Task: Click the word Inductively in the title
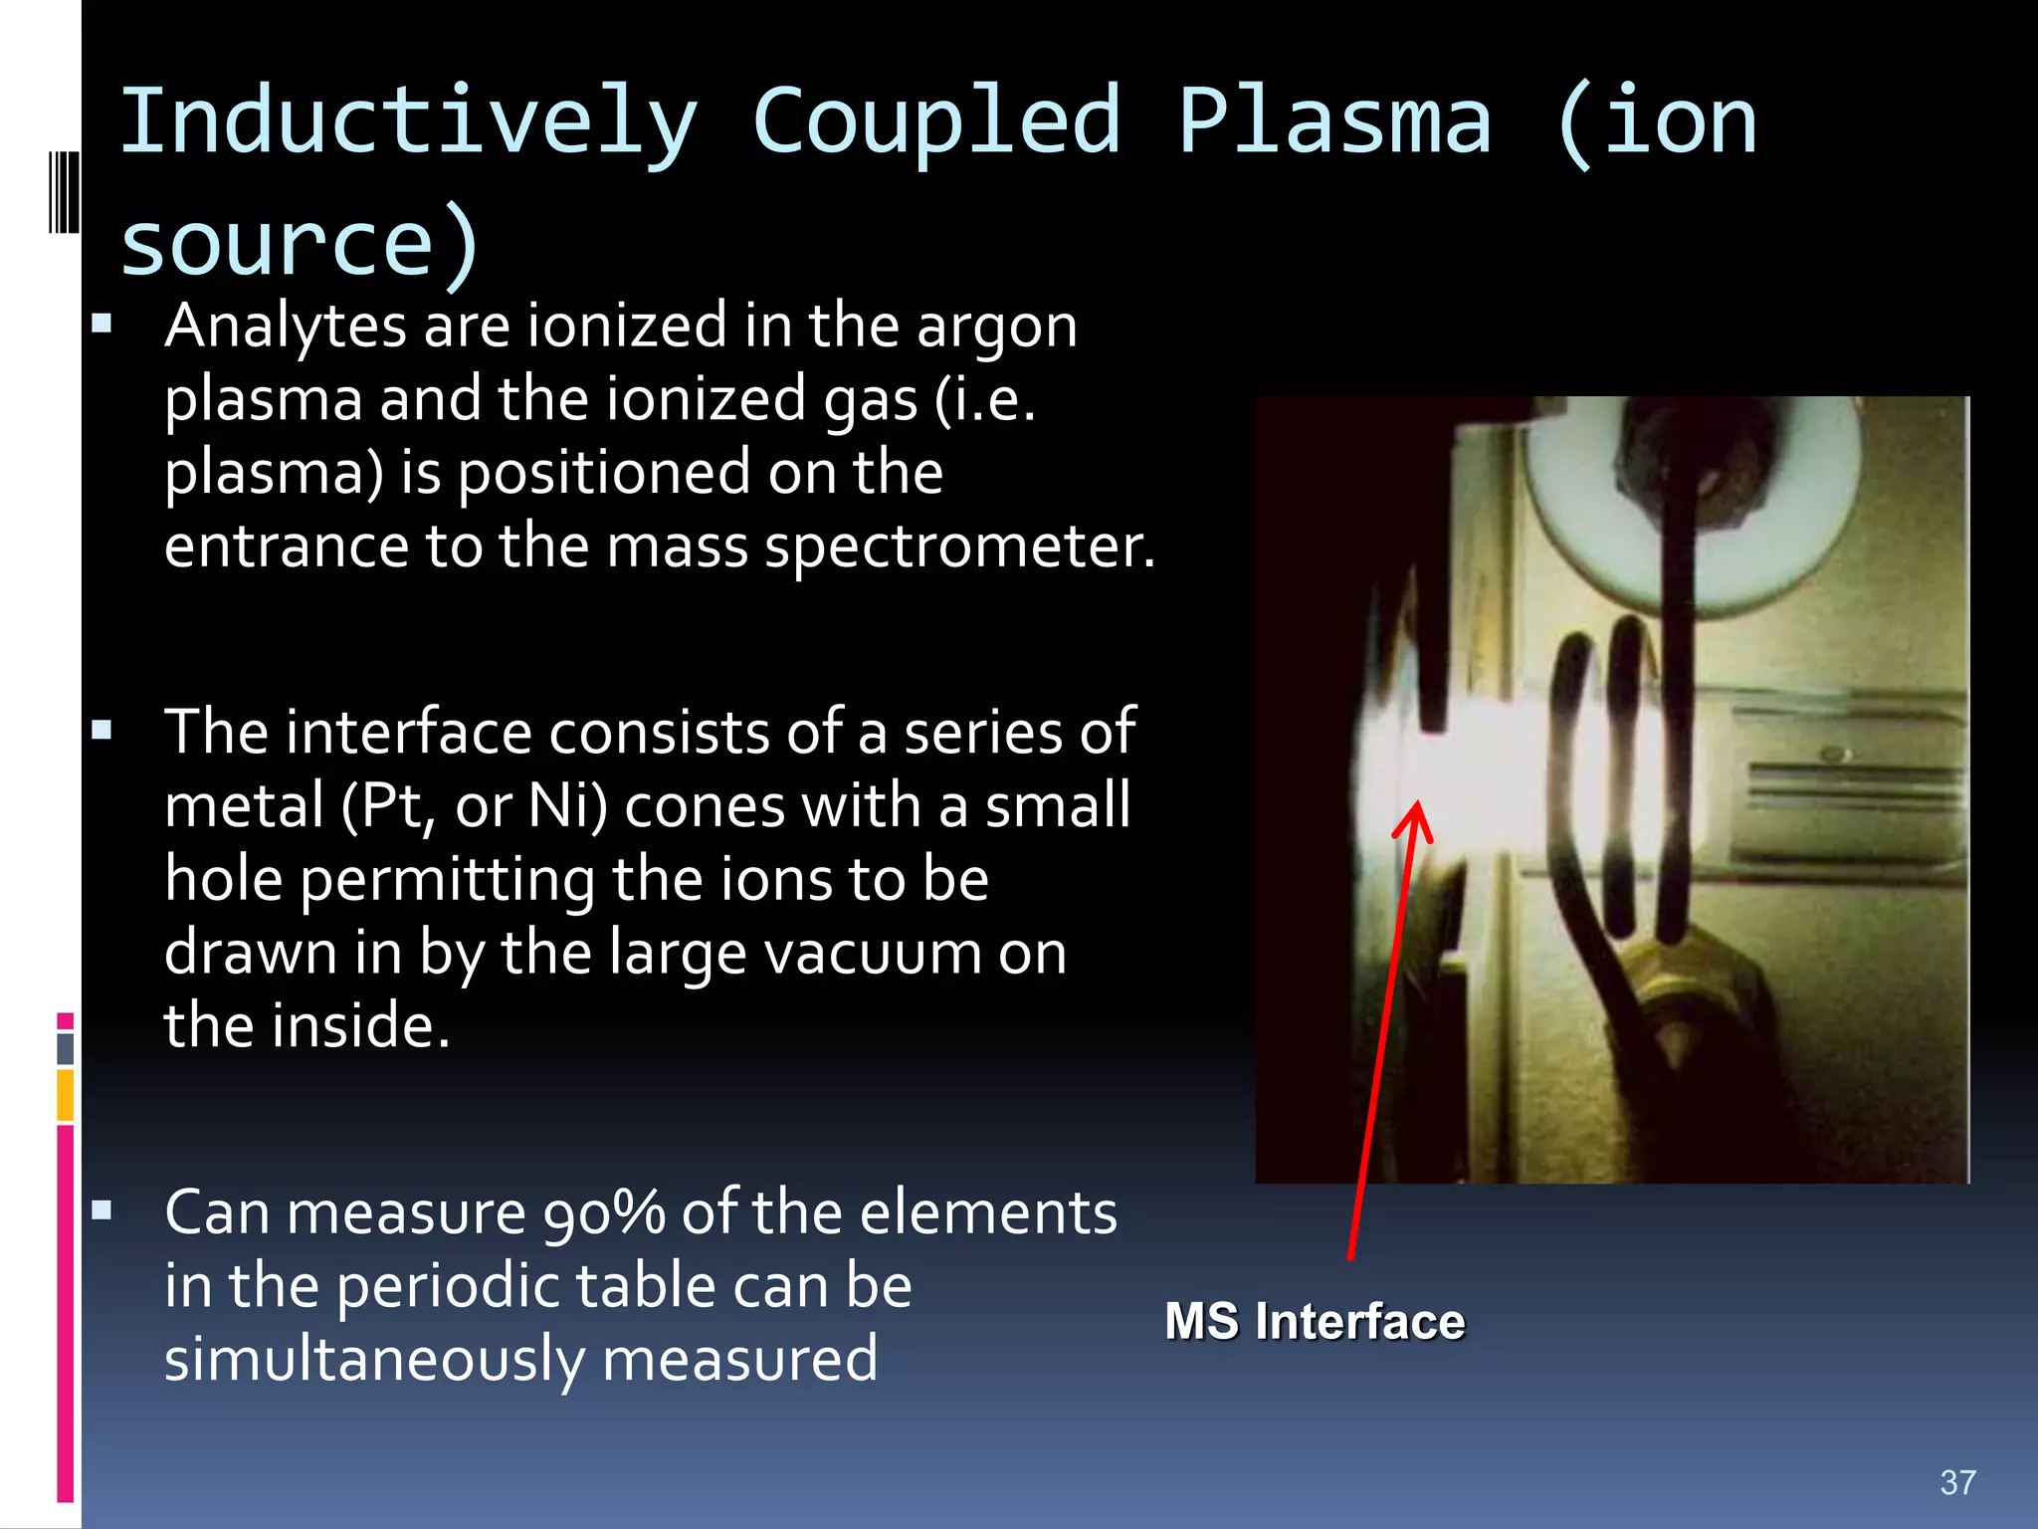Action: [x=408, y=122]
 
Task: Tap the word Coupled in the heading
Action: [x=936, y=122]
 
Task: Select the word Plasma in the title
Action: [x=1334, y=122]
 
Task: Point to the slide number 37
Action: [x=1957, y=1482]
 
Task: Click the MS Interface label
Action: [x=1315, y=1322]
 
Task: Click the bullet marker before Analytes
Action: [x=102, y=324]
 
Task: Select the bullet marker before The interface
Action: [x=102, y=731]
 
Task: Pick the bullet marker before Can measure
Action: [x=102, y=1210]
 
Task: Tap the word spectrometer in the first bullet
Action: [x=959, y=548]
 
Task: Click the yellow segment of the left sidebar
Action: [x=66, y=1094]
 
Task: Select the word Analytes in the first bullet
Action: [x=286, y=327]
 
